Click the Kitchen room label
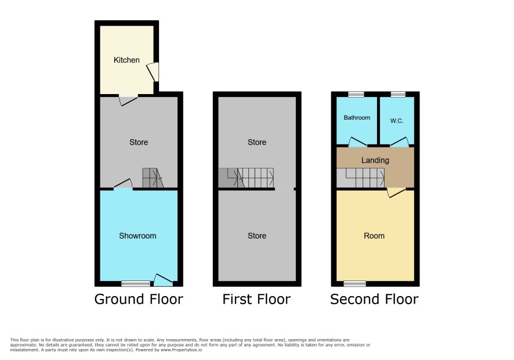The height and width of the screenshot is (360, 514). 126,60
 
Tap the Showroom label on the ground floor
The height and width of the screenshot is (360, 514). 137,236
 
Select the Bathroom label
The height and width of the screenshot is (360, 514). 357,117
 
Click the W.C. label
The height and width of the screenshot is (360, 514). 397,121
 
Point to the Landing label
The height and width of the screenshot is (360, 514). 375,160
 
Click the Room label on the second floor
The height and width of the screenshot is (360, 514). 374,236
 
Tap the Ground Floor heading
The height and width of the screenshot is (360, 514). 139,299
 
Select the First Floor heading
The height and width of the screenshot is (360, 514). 256,299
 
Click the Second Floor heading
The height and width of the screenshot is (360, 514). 374,299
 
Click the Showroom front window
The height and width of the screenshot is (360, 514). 136,283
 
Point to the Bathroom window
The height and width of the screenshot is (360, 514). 356,94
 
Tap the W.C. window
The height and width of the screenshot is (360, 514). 398,94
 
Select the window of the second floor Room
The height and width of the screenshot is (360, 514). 354,283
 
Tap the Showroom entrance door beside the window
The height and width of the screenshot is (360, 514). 163,280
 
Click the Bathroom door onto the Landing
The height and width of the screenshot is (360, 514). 357,142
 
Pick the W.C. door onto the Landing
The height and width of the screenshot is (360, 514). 400,142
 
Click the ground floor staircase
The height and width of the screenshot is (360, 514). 153,178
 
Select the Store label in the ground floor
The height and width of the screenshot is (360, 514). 139,142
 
